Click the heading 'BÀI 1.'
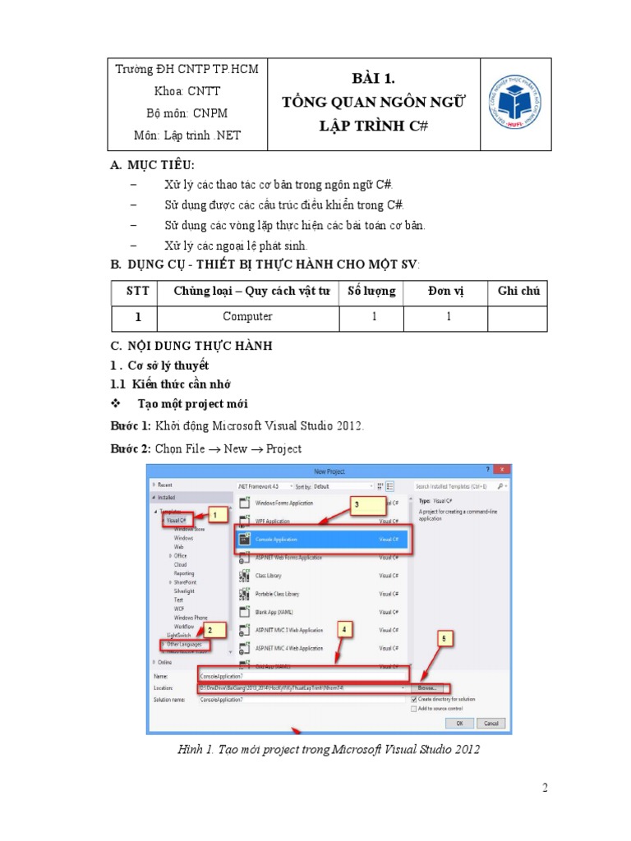point(373,80)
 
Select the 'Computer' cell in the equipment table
point(247,316)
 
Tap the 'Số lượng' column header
point(371,291)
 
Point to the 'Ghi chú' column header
point(518,291)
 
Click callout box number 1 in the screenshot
point(215,515)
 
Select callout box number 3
point(357,507)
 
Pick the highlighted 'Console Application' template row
point(323,539)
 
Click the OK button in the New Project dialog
point(459,723)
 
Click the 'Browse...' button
point(428,687)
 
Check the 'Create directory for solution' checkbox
point(415,699)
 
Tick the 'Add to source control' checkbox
point(415,708)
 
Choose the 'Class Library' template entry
point(268,576)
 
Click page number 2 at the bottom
point(544,788)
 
